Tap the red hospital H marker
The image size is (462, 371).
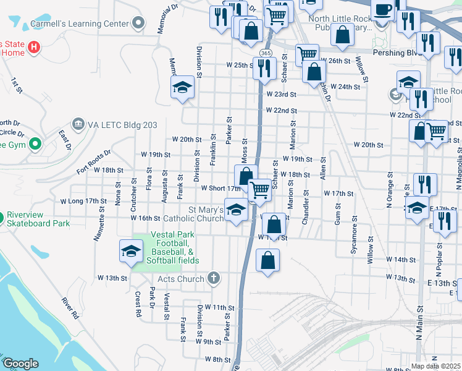(34, 46)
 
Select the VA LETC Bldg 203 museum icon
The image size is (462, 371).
(78, 124)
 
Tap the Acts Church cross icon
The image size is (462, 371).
(214, 278)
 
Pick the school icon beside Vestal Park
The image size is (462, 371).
(131, 252)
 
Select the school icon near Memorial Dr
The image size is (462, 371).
(183, 87)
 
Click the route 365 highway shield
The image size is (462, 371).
(266, 53)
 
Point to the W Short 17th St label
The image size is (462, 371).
(216, 188)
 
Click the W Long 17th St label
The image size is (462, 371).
(83, 201)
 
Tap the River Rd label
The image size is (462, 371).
(70, 309)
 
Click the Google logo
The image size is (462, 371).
(20, 364)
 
